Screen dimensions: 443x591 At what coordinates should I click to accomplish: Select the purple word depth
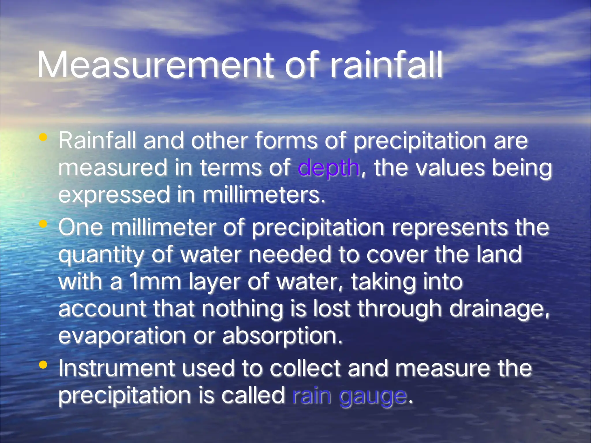coord(329,168)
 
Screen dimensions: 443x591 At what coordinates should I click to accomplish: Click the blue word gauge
coord(373,396)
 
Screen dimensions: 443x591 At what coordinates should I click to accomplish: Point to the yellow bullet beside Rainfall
coord(43,137)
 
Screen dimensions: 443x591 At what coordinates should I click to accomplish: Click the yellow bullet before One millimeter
coord(43,224)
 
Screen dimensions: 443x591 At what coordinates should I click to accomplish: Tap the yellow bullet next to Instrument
coord(43,365)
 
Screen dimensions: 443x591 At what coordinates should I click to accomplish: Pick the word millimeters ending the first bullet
coord(264,195)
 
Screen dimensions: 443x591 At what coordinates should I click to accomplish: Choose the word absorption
coord(282,336)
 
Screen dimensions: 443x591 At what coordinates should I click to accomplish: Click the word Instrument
coord(117,368)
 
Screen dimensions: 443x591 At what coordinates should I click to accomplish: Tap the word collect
coord(305,368)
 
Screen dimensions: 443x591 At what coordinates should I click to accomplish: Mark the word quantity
coord(101,255)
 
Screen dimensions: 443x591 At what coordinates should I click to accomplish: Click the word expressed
coord(114,195)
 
